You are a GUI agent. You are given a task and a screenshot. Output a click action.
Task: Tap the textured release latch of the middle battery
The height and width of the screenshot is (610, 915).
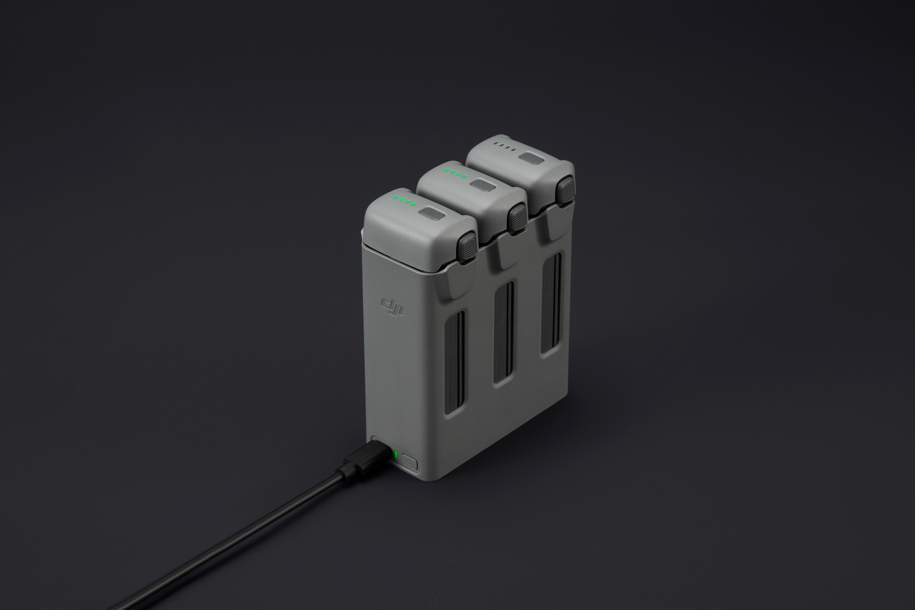tap(518, 216)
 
